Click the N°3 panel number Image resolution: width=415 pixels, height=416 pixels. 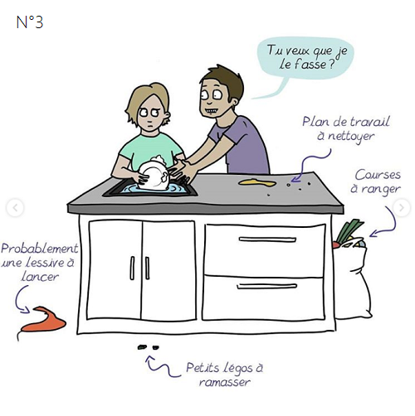coord(30,22)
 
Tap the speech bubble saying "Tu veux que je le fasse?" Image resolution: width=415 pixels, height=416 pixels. coord(305,59)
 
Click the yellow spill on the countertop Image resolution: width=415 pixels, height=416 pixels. coord(257,182)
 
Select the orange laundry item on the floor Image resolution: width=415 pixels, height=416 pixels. coord(42,320)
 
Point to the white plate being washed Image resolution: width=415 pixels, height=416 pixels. coord(153,176)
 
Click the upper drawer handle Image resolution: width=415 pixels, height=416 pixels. coord(267,239)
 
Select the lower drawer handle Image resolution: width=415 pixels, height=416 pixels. coord(266,286)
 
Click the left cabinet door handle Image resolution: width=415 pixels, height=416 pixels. coord(132,268)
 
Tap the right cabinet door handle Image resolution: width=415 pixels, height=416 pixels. coord(147,268)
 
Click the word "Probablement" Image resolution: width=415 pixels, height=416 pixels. coord(40,249)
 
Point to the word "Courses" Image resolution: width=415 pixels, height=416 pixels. coord(378,175)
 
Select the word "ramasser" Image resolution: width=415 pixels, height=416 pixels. coord(225,382)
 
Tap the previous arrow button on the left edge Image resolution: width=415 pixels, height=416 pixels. coord(15,208)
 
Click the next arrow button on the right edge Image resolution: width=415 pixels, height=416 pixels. coord(402,208)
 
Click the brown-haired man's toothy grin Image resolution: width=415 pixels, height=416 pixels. coord(213,111)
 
